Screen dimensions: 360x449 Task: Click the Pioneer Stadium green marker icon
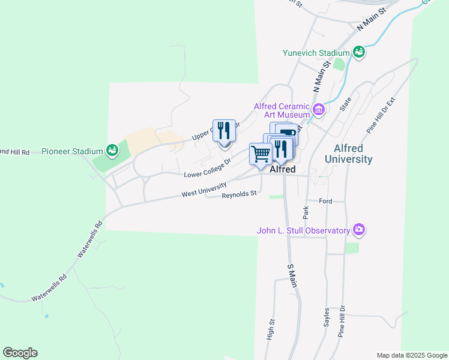tap(112, 149)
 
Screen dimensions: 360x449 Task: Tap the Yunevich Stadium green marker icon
tap(359, 52)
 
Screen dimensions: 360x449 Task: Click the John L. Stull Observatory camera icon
tap(359, 230)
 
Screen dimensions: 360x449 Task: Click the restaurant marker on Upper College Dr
tap(224, 130)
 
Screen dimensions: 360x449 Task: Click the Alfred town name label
tap(282, 170)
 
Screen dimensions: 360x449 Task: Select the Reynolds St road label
tap(239, 194)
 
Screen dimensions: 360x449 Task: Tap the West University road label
tap(205, 190)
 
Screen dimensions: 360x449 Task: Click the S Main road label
tap(292, 275)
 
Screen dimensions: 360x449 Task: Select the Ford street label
tap(325, 201)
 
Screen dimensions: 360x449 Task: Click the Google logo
tap(20, 353)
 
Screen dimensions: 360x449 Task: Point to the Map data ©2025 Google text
tap(411, 355)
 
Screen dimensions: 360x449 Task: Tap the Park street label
tap(306, 212)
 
